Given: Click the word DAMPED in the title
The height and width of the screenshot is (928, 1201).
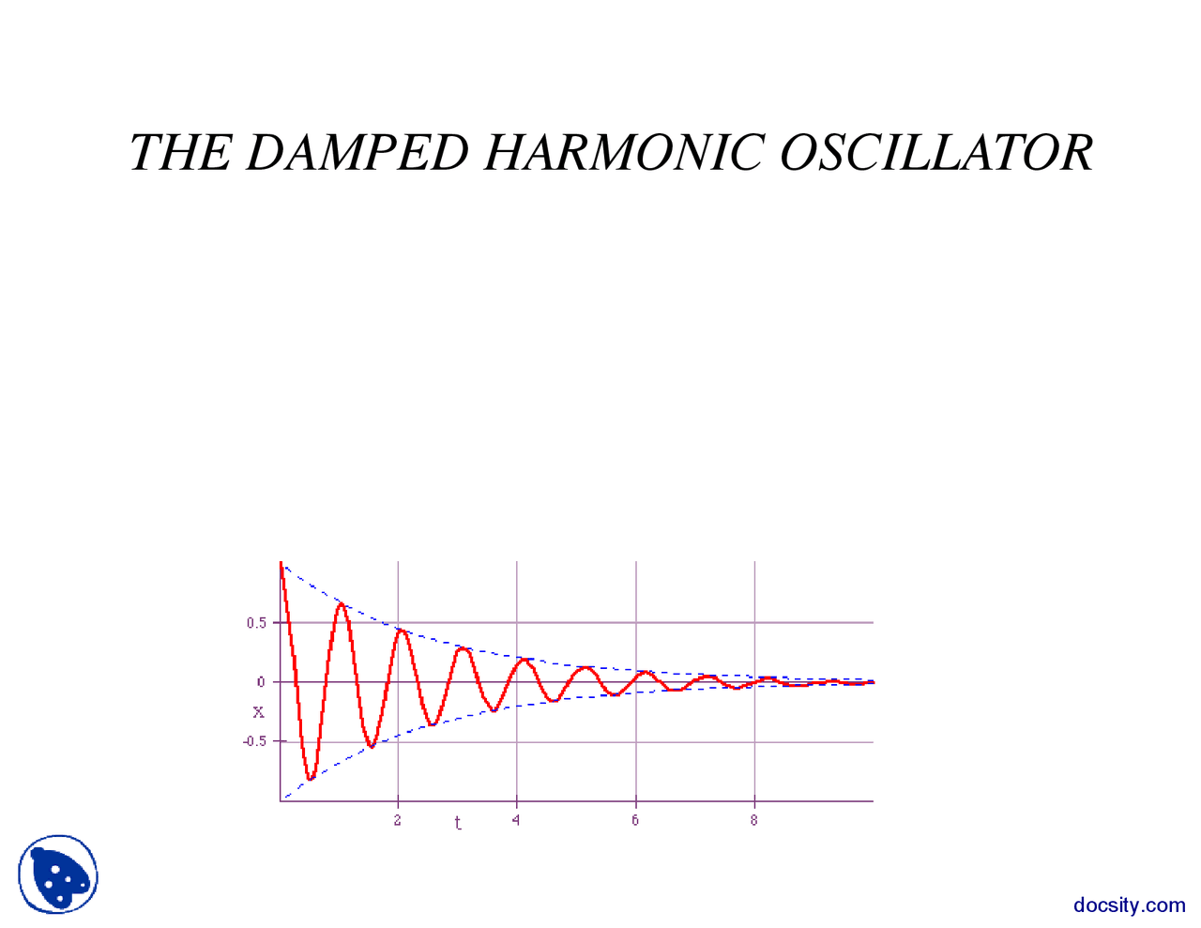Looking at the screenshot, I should click(x=357, y=152).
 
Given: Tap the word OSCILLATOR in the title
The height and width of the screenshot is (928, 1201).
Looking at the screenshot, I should click(x=936, y=152).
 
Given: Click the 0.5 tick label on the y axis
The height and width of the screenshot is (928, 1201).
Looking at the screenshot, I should click(x=256, y=623).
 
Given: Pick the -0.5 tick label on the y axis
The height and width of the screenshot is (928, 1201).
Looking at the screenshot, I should click(x=254, y=741).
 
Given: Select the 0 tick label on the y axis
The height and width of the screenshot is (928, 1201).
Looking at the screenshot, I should click(x=261, y=682).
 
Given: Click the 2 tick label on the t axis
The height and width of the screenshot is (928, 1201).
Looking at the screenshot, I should click(x=398, y=820).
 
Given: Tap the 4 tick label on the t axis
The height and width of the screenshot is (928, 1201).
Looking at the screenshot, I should click(x=516, y=820).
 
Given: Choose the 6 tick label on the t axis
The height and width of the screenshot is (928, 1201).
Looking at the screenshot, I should click(x=635, y=820).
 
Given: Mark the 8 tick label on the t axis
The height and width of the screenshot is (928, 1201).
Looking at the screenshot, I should click(x=754, y=820).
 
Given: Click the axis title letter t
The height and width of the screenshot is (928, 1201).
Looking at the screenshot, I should click(x=458, y=824).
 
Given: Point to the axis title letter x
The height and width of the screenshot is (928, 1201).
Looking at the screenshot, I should click(x=259, y=712).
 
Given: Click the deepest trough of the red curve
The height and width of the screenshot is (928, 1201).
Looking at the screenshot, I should click(x=311, y=779).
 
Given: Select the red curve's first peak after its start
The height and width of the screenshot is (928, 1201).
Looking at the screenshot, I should click(x=342, y=604).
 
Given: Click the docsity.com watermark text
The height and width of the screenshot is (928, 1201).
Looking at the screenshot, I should click(x=1129, y=905).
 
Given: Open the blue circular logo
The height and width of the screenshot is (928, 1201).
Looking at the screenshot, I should click(x=58, y=875).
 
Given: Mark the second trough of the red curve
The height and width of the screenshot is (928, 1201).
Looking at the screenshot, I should click(x=372, y=746).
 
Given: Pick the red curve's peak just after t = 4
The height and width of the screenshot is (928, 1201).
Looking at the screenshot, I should click(x=525, y=661).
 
